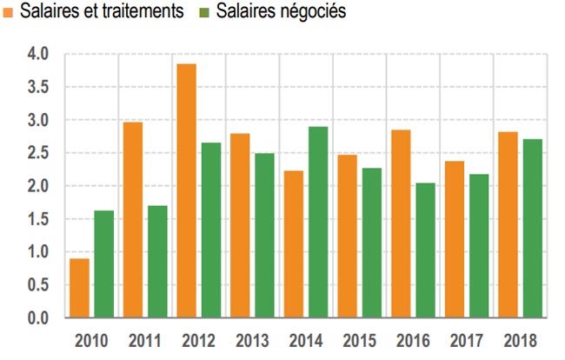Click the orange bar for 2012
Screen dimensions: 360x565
pos(186,191)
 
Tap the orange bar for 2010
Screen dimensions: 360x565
pos(78,288)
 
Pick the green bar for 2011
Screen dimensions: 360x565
pos(157,262)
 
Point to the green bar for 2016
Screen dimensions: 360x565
pos(425,250)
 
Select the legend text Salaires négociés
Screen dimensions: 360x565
pos(280,12)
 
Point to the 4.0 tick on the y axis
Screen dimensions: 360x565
pos(38,55)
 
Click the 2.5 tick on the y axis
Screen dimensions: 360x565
pos(38,153)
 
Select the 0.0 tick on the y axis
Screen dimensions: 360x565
pos(38,318)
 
